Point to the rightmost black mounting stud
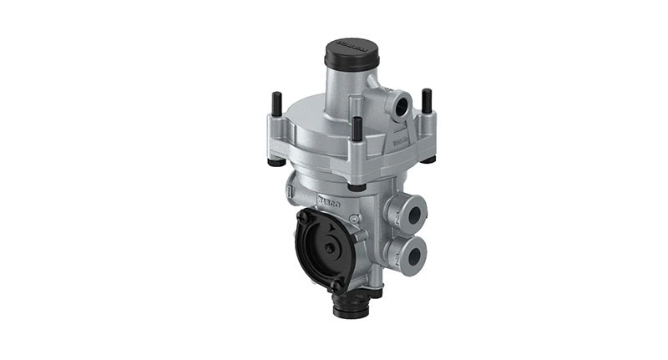pos(427,100)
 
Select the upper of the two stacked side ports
pos(412,215)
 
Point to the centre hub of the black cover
pos(331,248)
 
